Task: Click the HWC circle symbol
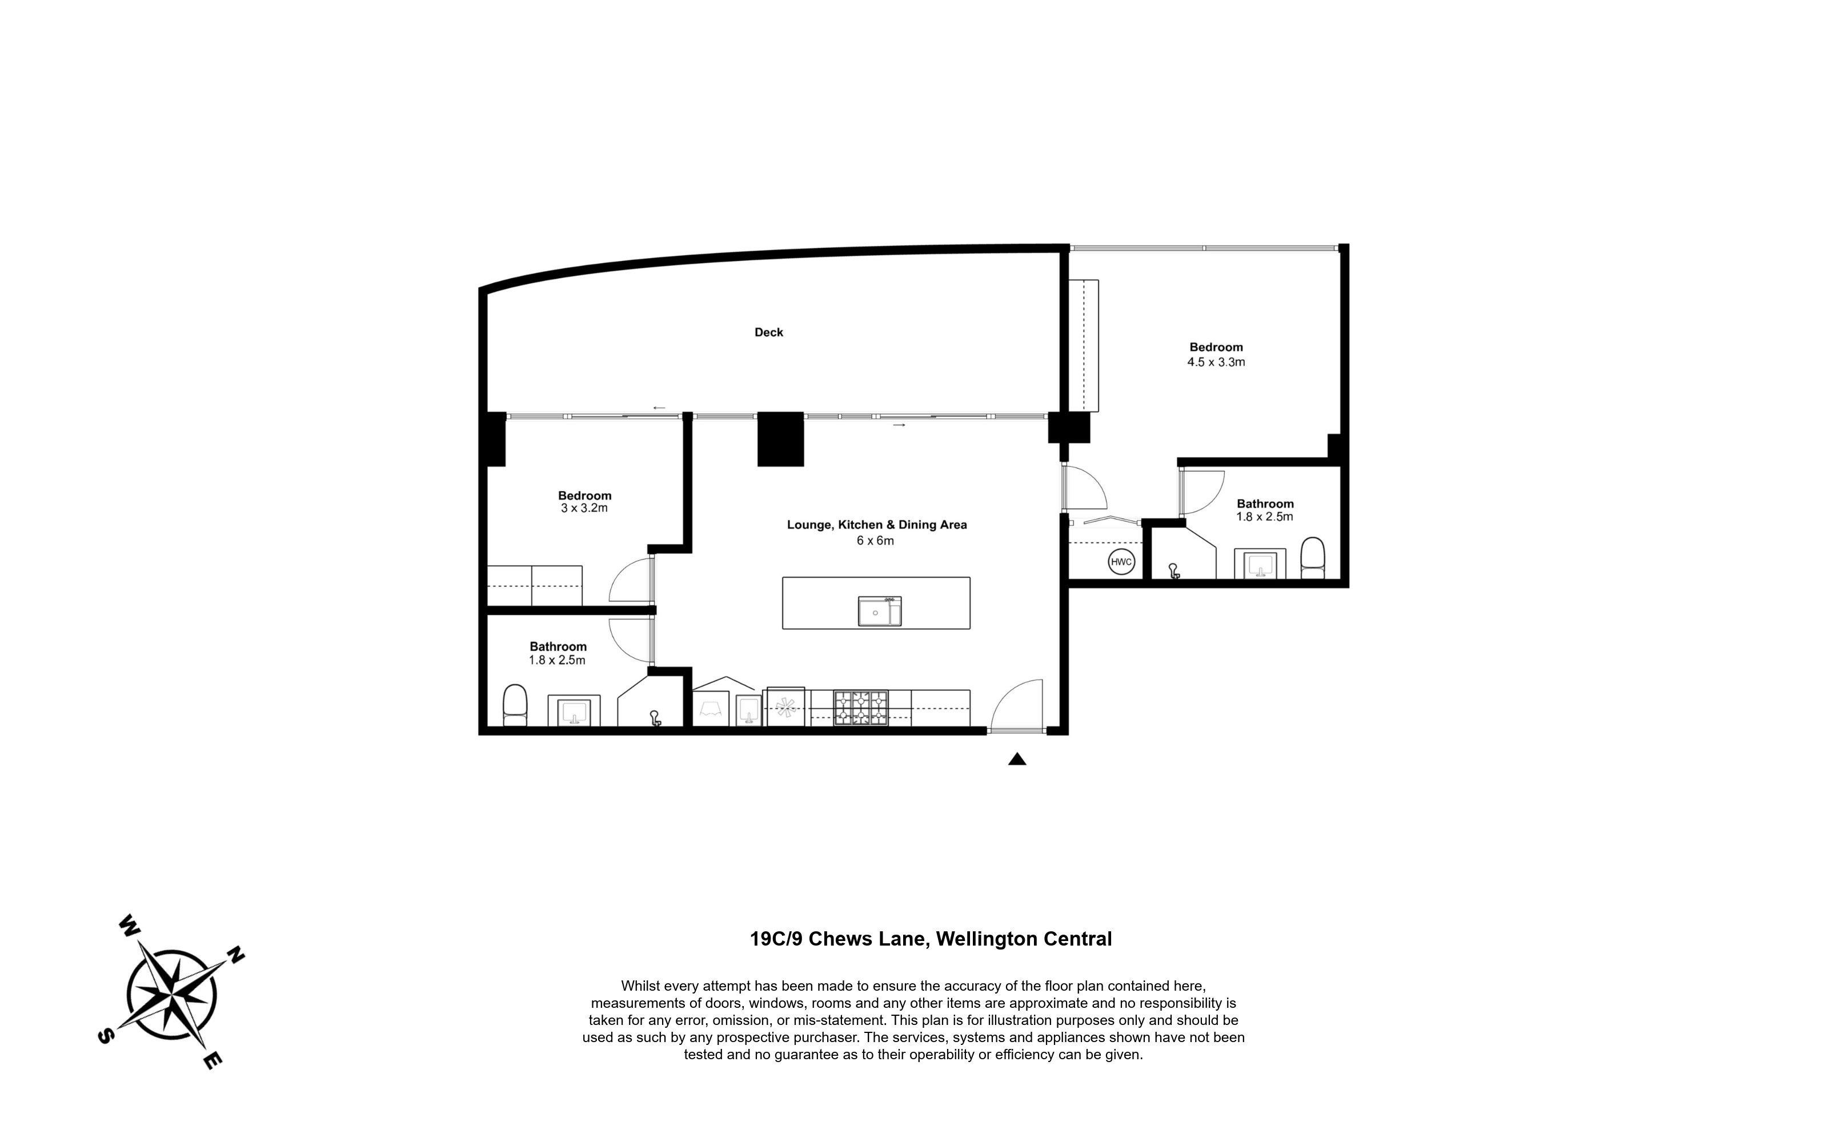pos(1121,562)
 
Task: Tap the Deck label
pos(769,332)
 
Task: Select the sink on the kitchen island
pos(880,611)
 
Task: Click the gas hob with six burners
pos(861,709)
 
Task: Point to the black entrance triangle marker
pos(1017,759)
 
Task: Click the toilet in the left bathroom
pos(515,705)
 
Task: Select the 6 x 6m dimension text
pos(876,541)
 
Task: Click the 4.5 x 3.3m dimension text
pos(1216,362)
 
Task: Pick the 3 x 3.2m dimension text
pos(584,508)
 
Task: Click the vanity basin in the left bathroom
pos(574,711)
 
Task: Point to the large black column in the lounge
pos(780,439)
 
